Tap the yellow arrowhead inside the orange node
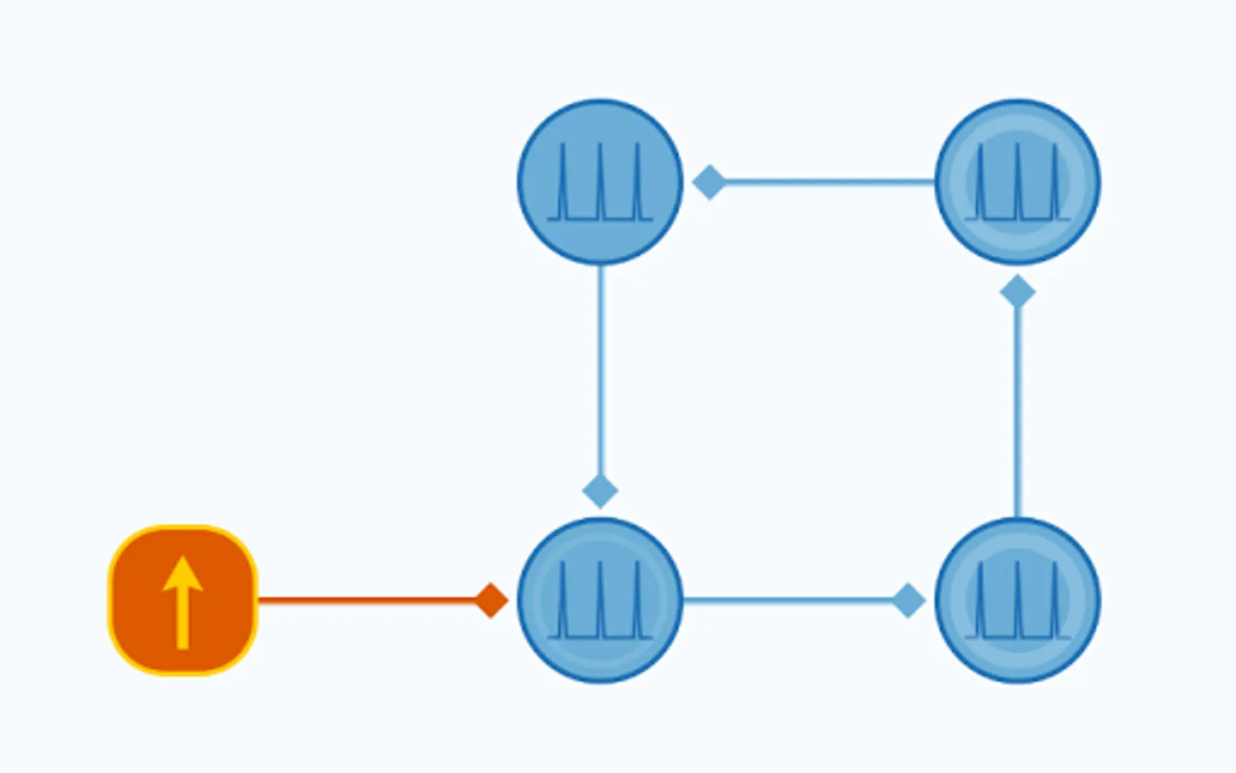coord(183,574)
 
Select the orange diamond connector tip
coord(492,600)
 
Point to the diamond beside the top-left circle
coord(709,182)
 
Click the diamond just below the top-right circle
coord(1018,292)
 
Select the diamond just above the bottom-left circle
coord(600,491)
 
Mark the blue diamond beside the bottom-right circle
coord(908,600)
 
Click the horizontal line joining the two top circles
coord(828,182)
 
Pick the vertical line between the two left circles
coord(600,369)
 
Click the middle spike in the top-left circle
coord(600,180)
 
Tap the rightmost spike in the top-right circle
coord(1055,182)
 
